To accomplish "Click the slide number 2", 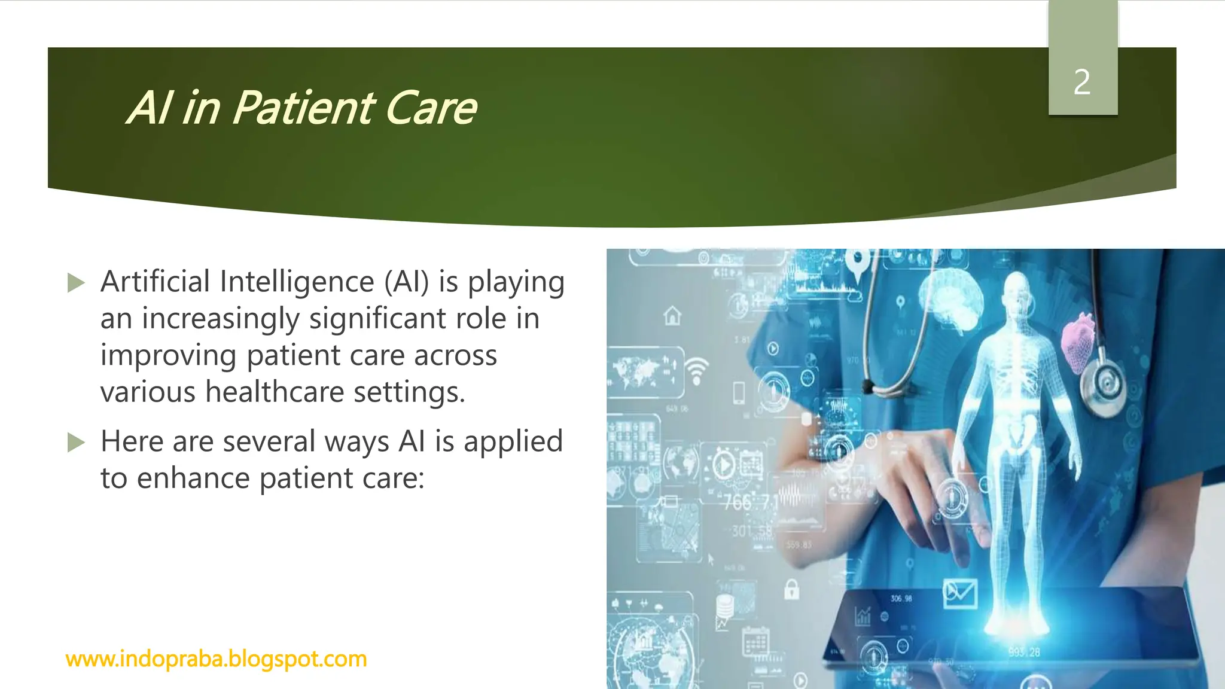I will click(1082, 83).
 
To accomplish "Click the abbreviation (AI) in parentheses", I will click(407, 281).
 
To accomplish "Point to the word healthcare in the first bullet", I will click(275, 392).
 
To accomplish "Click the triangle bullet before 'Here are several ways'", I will click(76, 443).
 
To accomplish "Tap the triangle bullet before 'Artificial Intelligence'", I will click(76, 283).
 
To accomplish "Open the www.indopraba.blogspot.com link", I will click(216, 659).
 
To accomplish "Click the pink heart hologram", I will click(1080, 342).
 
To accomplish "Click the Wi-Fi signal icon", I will click(696, 371).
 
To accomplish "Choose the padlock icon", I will click(791, 589).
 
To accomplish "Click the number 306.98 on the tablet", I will click(901, 598).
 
